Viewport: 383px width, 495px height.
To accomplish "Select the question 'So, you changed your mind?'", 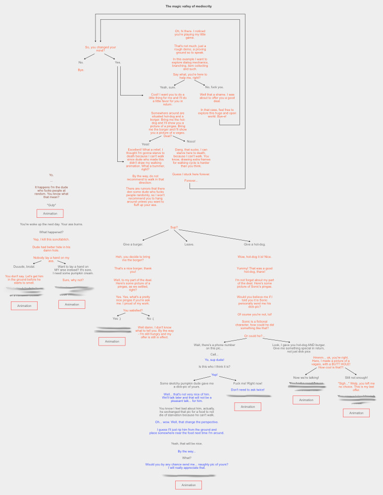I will pos(100,49).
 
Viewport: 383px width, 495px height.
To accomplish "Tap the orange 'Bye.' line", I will pos(81,70).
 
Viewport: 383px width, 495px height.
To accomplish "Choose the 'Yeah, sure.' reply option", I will pos(168,87).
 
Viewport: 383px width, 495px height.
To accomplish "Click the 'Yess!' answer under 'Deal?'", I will pos(145,144).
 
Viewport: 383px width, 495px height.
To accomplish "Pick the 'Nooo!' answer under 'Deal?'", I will pos(191,142).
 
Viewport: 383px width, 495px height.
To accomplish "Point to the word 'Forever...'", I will pos(191,180).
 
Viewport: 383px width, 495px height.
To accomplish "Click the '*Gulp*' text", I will pos(51,205).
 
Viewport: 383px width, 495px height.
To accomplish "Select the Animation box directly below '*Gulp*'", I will pos(50,214).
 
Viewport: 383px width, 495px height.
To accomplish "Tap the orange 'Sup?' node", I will pos(174,228).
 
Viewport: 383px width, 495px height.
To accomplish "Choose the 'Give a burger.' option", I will pos(133,244).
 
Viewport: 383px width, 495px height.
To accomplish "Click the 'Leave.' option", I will pos(190,244).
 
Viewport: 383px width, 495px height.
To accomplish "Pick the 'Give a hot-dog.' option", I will pos(254,244).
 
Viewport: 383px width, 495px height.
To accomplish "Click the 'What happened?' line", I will pos(51,232).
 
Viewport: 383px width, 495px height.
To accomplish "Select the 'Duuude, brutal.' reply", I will pos(24,266).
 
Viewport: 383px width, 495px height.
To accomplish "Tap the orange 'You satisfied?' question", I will pos(133,310).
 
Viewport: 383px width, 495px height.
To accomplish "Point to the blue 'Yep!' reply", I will pos(215,375).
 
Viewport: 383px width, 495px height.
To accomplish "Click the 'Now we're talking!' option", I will pos(306,378).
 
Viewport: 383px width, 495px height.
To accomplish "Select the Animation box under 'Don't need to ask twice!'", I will pos(247,406).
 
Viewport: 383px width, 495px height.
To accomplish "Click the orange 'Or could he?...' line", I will pos(254,336).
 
